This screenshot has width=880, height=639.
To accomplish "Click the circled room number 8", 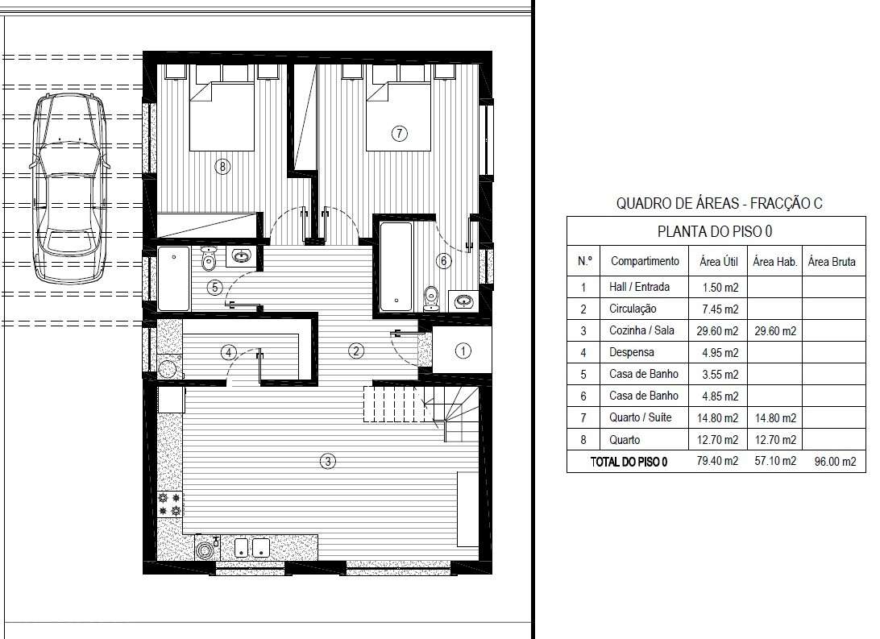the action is click(222, 167).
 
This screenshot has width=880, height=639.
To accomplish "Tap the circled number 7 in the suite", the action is click(399, 134).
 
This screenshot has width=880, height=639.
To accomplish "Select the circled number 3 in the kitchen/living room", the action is click(328, 462).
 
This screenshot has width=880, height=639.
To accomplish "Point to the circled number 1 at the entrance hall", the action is click(463, 351).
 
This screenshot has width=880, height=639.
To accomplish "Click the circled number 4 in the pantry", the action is click(228, 353).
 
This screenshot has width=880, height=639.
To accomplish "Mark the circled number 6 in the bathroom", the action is click(444, 261).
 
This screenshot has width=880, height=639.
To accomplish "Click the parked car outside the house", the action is click(70, 189).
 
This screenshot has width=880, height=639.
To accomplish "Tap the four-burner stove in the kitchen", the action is click(170, 504).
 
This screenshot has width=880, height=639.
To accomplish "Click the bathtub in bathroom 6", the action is click(396, 267).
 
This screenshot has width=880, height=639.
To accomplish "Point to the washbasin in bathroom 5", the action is click(241, 256).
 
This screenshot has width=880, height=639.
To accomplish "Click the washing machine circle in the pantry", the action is click(167, 369).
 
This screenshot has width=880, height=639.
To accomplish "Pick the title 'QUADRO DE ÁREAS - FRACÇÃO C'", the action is click(720, 203).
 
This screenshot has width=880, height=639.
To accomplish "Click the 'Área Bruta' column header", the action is click(832, 261).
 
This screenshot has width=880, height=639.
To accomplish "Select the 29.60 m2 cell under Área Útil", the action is click(717, 331).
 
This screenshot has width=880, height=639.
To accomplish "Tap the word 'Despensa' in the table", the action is click(631, 352).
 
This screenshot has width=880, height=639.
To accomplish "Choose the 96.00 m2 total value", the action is click(835, 462).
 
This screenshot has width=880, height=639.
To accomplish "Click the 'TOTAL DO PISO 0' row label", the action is click(629, 463).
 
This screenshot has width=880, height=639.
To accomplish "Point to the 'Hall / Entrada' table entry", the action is click(639, 287).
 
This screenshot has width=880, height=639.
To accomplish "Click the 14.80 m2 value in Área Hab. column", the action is click(775, 418).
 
